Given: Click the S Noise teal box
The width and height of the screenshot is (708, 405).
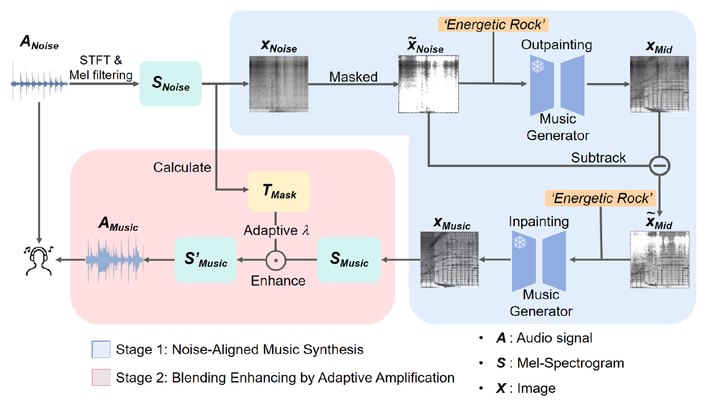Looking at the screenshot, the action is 171,84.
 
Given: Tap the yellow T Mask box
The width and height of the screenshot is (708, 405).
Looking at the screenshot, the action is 279,191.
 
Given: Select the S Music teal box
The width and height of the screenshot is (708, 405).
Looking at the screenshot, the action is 349,260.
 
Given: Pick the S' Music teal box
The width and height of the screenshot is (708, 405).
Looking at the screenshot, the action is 206,260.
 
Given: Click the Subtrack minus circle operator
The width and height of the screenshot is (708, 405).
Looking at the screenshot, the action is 660,166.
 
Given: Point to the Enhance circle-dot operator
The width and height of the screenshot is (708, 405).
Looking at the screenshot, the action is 276,260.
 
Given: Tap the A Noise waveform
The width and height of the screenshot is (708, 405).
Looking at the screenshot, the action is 39,83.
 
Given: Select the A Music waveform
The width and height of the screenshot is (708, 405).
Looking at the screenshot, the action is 115,260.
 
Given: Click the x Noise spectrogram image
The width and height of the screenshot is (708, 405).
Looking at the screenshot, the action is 279,84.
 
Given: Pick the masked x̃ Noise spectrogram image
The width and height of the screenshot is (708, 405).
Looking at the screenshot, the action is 428,84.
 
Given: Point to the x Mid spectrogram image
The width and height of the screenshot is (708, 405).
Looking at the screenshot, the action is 659,84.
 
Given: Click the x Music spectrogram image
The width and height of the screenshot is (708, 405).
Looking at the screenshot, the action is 449,260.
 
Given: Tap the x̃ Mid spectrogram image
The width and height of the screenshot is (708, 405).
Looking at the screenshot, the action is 660,260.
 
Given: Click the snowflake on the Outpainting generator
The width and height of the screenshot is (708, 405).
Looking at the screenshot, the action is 538,66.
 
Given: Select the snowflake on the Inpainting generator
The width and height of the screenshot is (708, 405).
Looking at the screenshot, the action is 520,242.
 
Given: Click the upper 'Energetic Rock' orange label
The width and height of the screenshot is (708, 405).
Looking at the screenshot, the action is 493,25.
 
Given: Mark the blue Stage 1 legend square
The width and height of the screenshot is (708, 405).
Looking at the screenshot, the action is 101,349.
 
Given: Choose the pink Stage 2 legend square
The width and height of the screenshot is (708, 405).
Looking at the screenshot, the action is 101,377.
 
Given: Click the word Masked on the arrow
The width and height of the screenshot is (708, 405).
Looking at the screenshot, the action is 353,77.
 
